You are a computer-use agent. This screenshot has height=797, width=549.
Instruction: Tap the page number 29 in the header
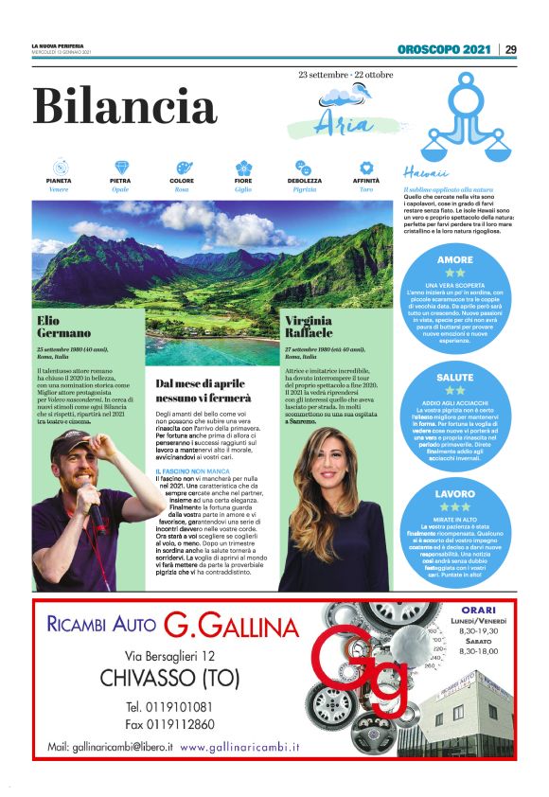click(510, 49)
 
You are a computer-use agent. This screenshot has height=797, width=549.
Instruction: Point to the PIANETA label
click(59, 180)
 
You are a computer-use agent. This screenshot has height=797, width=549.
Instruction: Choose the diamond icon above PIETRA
click(120, 167)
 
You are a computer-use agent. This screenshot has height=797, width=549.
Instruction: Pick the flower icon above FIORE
click(243, 167)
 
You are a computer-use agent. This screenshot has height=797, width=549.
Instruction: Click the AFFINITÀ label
click(366, 180)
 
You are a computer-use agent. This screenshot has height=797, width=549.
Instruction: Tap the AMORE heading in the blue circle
click(455, 259)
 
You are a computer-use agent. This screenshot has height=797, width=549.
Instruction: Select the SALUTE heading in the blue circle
click(455, 377)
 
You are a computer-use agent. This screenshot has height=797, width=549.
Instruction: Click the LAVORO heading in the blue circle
click(455, 494)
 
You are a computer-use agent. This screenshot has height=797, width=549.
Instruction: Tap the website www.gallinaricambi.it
click(239, 748)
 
